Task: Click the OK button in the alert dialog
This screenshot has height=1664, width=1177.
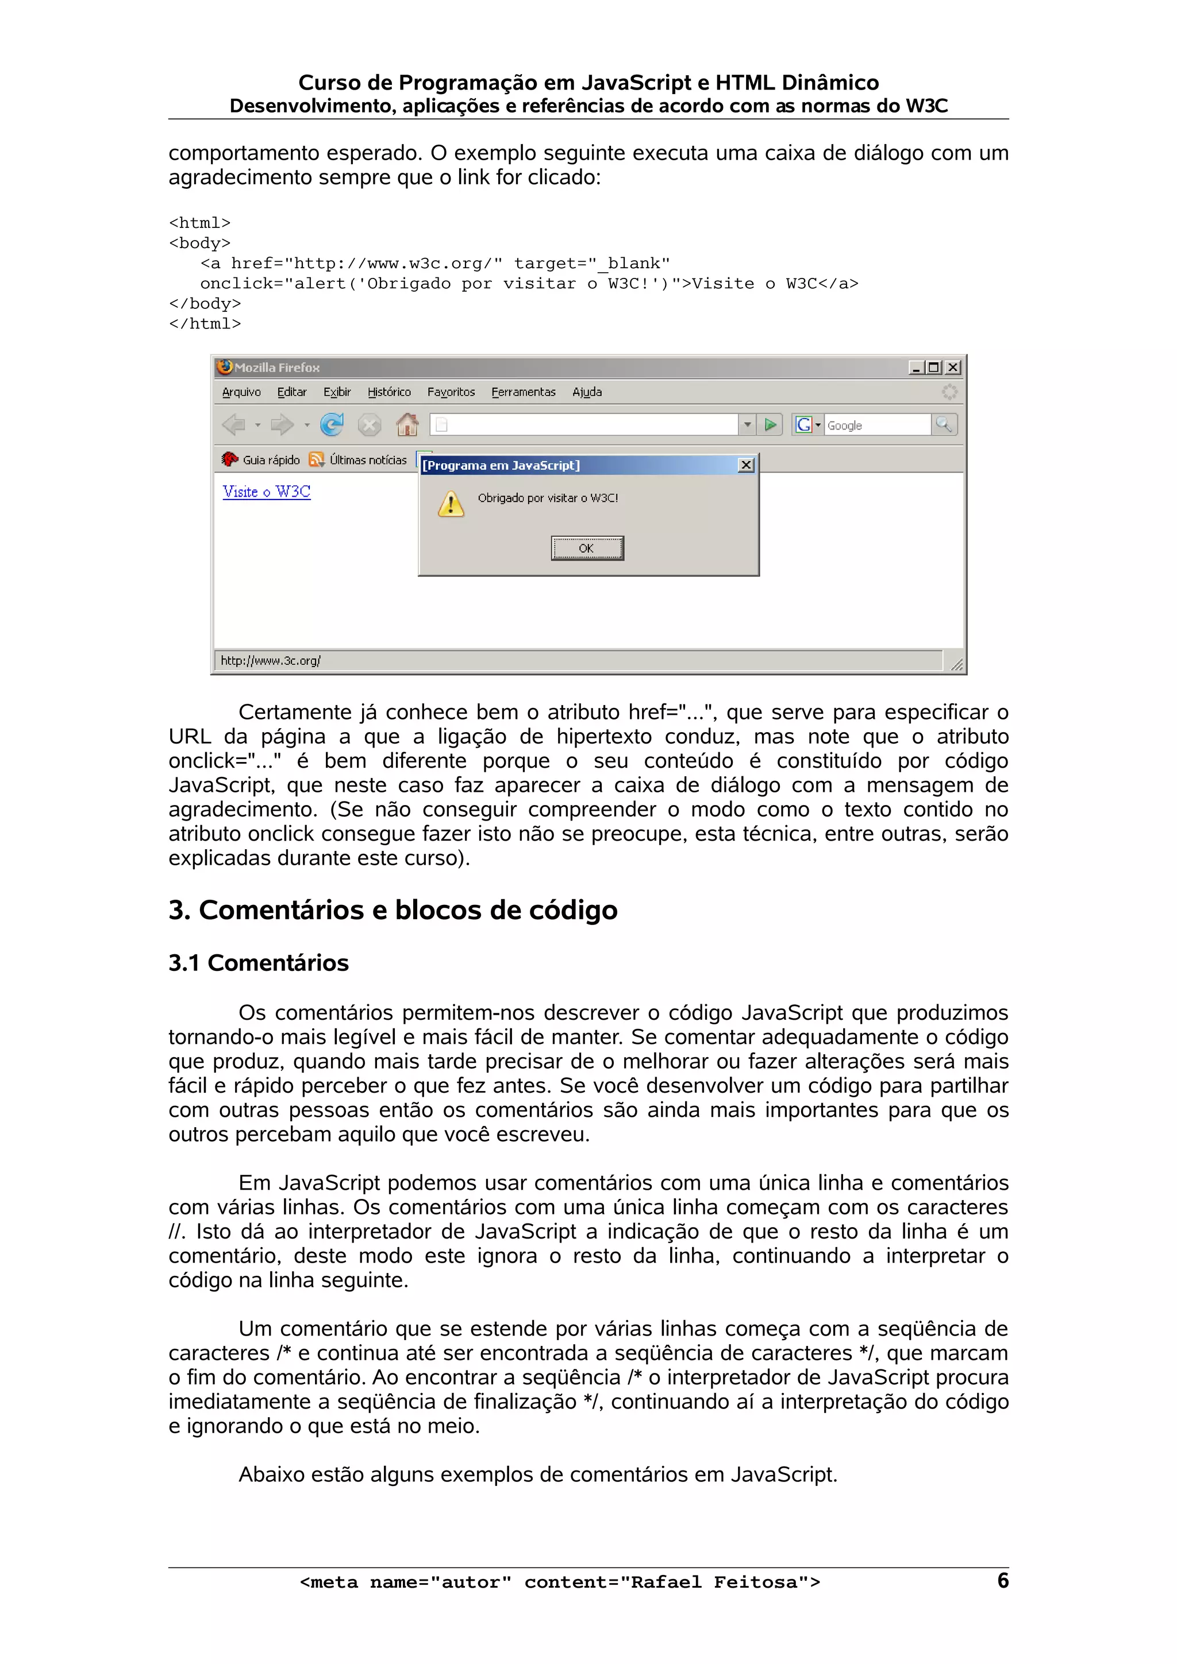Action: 587,548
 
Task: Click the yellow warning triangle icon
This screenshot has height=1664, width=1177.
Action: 451,503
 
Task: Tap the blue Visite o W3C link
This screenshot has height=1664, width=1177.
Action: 266,492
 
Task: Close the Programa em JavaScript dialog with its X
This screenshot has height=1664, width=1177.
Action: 745,465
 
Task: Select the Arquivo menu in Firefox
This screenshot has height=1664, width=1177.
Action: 241,392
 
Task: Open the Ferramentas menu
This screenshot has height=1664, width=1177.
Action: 523,392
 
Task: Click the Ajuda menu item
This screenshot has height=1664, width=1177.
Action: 587,392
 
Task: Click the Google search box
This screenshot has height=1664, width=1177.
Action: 877,425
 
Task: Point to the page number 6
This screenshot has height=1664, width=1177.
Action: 1002,1581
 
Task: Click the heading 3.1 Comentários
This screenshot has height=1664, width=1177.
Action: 258,962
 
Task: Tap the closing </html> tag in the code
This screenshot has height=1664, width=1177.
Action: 205,323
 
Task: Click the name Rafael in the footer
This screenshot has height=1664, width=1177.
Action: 666,1582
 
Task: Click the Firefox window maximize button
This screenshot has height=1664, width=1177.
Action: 934,367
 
